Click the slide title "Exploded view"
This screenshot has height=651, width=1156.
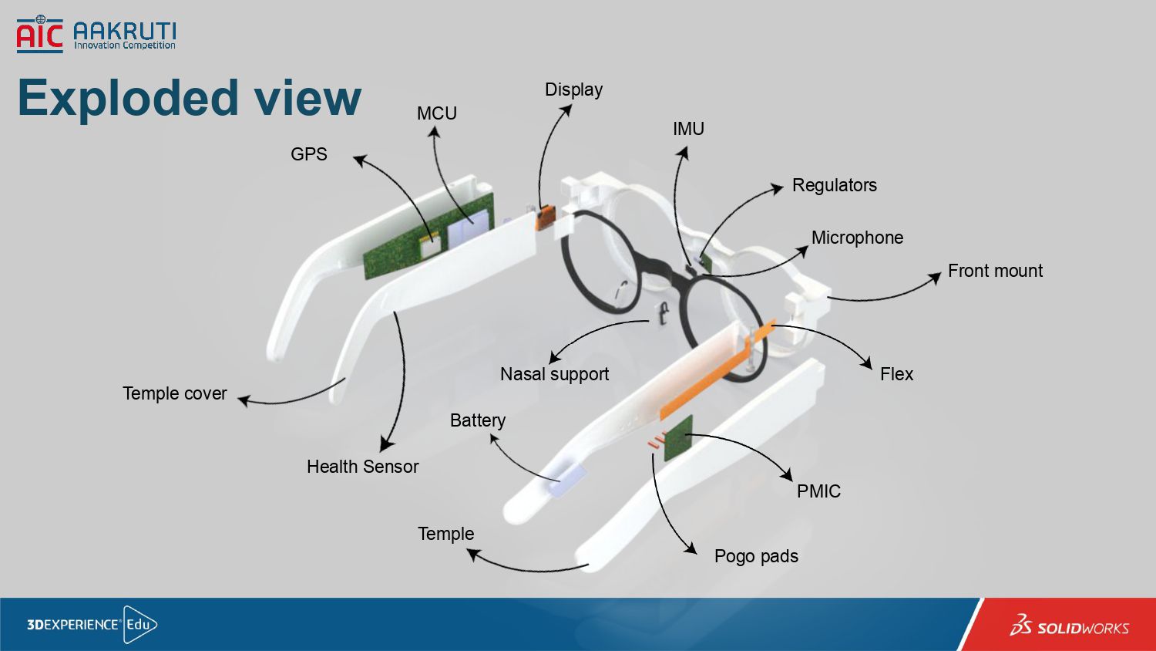[189, 98]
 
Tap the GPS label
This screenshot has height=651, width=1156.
[308, 154]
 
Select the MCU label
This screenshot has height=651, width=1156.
[436, 113]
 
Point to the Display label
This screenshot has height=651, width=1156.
[573, 89]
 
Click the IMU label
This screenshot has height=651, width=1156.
[688, 129]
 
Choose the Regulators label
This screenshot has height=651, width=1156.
[834, 185]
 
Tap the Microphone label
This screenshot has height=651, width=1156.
[857, 238]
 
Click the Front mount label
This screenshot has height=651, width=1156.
[995, 271]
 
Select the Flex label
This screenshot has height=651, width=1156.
[896, 374]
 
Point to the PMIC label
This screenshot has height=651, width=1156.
[818, 491]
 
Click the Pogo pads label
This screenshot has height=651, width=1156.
[756, 556]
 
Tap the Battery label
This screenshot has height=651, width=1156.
[478, 420]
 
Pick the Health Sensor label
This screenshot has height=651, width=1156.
[362, 467]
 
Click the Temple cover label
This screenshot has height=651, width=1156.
[175, 393]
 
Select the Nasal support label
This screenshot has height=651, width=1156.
[554, 374]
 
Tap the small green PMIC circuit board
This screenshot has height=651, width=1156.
[678, 437]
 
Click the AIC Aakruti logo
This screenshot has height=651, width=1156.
[96, 35]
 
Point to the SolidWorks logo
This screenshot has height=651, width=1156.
[1070, 626]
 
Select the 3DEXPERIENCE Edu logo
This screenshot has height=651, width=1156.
[92, 624]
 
